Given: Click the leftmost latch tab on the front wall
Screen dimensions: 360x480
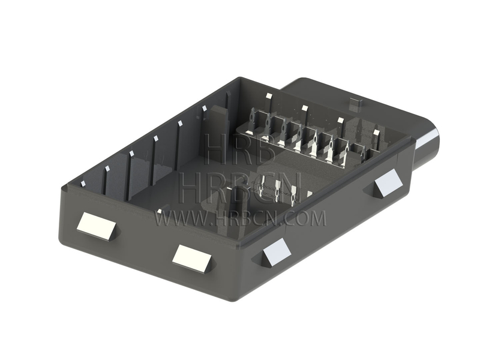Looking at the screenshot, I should click(97, 227).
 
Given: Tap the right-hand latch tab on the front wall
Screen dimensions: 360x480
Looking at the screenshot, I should click(193, 257).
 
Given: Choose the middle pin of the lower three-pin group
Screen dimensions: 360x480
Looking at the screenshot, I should click(277, 196).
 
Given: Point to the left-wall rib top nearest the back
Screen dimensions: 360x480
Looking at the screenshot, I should click(205, 109).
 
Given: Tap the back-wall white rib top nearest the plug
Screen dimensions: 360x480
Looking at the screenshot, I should click(376, 133).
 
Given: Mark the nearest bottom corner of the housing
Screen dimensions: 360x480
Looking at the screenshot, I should click(243, 298).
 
